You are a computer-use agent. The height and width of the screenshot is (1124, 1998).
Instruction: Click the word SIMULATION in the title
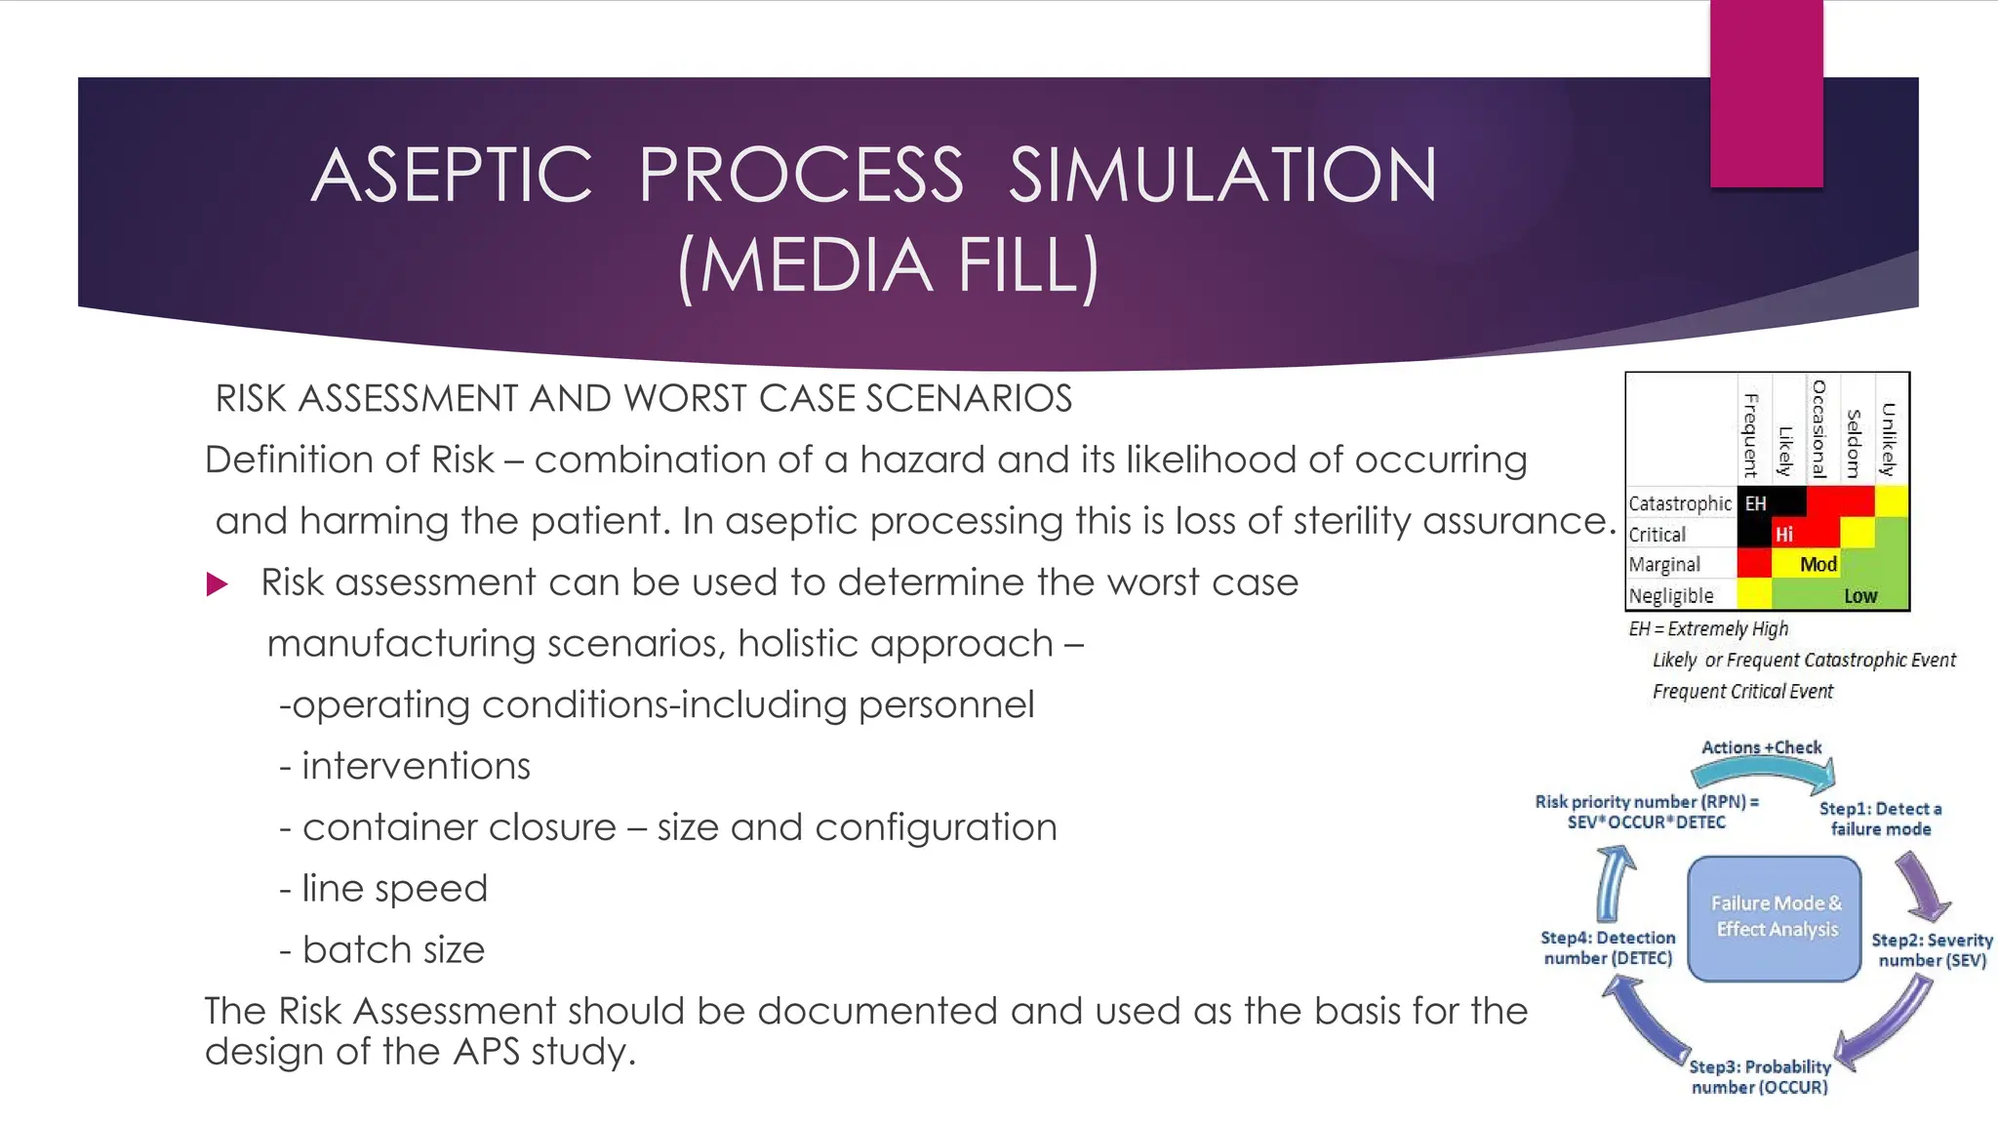[x=1222, y=176]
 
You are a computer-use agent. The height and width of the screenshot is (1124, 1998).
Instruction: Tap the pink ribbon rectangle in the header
[x=1766, y=93]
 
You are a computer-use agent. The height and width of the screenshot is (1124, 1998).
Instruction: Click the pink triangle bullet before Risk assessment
[x=217, y=584]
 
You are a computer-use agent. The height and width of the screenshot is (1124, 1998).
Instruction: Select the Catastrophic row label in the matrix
[x=1679, y=503]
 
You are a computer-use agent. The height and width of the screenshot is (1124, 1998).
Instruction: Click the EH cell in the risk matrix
[x=1755, y=503]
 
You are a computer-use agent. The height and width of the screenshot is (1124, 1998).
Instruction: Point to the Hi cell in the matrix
[x=1783, y=534]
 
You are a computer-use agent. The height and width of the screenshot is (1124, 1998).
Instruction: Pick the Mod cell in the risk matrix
[x=1818, y=564]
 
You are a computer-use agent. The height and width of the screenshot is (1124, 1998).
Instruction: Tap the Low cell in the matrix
[x=1859, y=595]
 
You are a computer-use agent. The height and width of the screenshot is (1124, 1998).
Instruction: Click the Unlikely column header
[x=1889, y=439]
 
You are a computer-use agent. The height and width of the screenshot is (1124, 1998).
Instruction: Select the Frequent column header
[x=1751, y=435]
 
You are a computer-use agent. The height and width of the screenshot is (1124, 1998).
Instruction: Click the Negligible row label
[x=1671, y=595]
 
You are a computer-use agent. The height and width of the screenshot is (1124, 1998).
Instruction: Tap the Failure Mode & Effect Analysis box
[x=1775, y=917]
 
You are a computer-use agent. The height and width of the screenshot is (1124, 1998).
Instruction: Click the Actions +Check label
[x=1761, y=747]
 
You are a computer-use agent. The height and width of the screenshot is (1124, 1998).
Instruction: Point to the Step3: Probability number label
[x=1760, y=1076]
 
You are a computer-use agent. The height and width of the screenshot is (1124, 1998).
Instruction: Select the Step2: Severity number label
[x=1932, y=949]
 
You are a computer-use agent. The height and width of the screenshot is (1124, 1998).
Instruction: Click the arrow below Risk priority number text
[x=1615, y=883]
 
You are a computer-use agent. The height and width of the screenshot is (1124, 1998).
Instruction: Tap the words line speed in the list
[x=394, y=889]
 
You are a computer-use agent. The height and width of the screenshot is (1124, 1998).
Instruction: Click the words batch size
[x=393, y=949]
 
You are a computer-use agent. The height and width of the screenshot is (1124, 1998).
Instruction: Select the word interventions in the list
[x=416, y=766]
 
